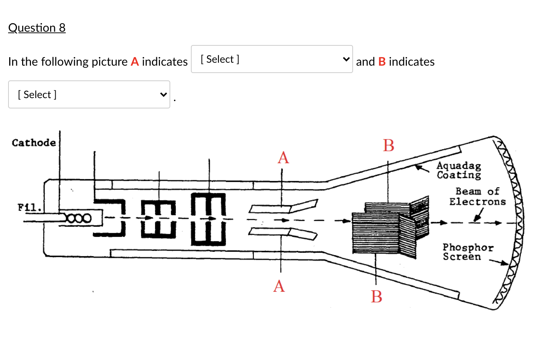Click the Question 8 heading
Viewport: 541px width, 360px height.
pos(37,28)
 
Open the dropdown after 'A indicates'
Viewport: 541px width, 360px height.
pos(272,59)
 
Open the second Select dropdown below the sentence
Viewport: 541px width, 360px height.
pos(89,94)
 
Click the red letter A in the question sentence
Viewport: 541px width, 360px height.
pos(135,62)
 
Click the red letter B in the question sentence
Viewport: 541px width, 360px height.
pos(382,62)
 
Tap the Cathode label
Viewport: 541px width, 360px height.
pos(34,143)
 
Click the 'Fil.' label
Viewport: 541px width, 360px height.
pos(29,207)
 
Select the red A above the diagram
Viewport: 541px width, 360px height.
pos(283,158)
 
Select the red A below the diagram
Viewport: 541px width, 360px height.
pos(279,286)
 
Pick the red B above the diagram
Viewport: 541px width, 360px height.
pos(388,145)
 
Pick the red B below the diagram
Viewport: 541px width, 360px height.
pos(376,297)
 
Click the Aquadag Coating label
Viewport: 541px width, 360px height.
pos(459,170)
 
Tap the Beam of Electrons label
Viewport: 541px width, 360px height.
pos(477,196)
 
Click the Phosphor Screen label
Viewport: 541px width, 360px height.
pos(467,252)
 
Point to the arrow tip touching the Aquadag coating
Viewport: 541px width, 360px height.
pos(417,167)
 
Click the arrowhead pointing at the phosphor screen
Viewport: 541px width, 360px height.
pos(505,263)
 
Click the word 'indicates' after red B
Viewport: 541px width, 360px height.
pos(412,62)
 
